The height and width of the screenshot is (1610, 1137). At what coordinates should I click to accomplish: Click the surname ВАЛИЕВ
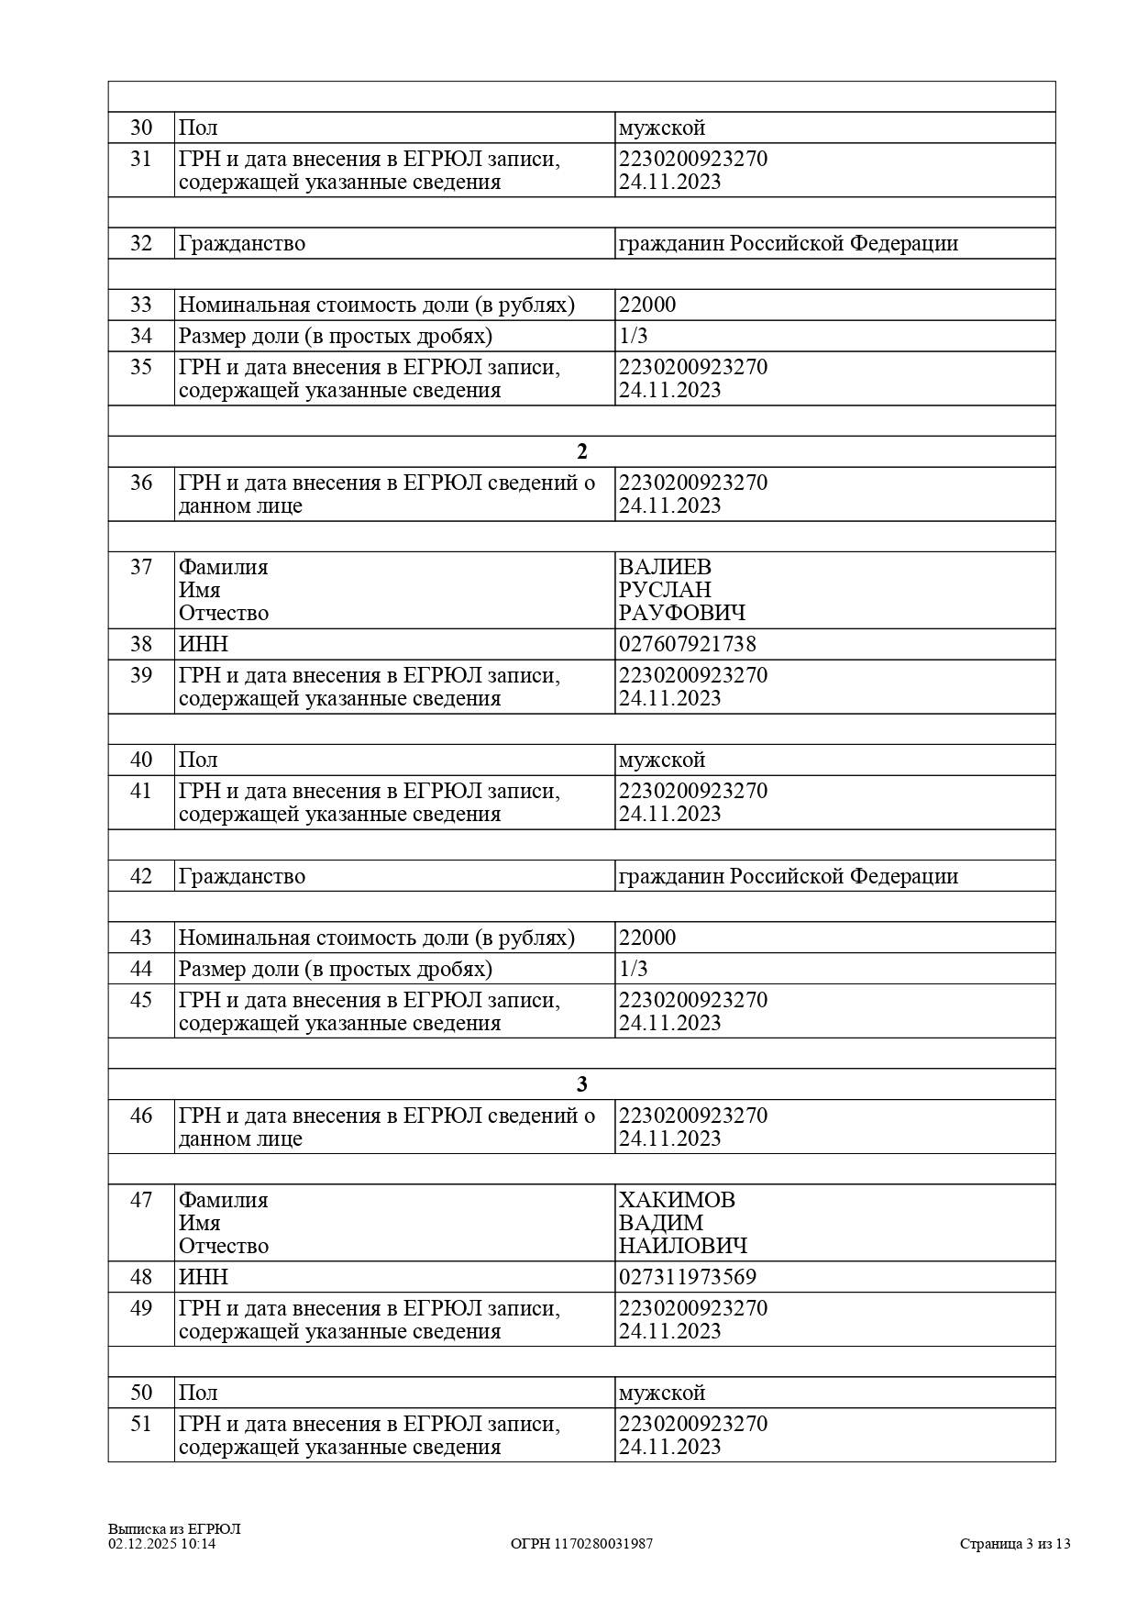(x=665, y=567)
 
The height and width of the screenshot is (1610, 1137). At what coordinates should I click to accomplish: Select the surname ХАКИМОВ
(x=677, y=1200)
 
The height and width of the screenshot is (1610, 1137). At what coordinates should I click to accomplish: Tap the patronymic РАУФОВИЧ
(x=681, y=613)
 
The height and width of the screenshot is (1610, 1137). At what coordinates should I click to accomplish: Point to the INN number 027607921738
(x=687, y=644)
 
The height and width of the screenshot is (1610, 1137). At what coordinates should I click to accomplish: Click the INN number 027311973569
(x=687, y=1277)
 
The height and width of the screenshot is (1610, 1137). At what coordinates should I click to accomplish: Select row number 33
(x=141, y=305)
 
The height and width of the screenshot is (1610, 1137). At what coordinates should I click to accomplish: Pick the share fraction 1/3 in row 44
(x=633, y=969)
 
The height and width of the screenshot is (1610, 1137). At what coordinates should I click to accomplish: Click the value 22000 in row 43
(x=646, y=938)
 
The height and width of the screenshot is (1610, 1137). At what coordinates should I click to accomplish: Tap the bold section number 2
(x=581, y=451)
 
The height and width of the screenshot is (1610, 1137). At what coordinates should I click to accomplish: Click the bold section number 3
(x=581, y=1084)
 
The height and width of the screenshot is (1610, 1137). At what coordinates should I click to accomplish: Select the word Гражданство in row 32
(x=241, y=243)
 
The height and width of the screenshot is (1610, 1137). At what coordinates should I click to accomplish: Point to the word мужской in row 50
(x=661, y=1393)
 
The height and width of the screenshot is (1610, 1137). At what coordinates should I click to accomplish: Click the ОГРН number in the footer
(x=581, y=1544)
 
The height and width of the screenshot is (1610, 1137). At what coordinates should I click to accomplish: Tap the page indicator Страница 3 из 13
(x=1014, y=1544)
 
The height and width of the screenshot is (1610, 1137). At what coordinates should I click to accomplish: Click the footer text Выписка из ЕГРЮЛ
(x=173, y=1529)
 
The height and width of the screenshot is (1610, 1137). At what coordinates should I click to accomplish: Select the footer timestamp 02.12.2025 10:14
(x=161, y=1544)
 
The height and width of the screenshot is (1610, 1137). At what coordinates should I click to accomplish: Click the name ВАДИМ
(x=660, y=1223)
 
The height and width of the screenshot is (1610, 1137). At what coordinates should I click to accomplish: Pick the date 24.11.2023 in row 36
(x=669, y=505)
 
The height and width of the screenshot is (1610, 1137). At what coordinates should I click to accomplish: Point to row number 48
(x=141, y=1277)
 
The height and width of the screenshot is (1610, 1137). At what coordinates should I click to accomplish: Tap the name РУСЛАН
(x=665, y=590)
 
